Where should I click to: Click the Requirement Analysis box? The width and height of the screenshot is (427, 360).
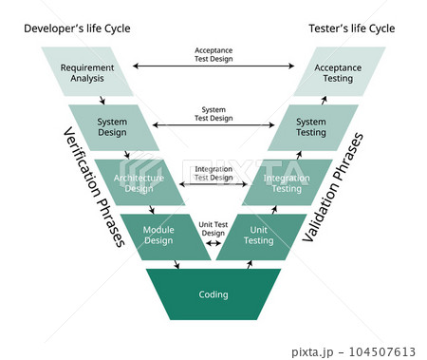pyautogui.click(x=87, y=72)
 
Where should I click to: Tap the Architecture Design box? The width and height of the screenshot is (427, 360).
pyautogui.click(x=139, y=182)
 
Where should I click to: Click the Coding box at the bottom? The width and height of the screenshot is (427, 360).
pyautogui.click(x=213, y=294)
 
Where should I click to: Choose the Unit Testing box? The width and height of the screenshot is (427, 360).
pyautogui.click(x=259, y=237)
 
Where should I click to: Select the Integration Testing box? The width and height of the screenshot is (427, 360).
pyautogui.click(x=286, y=182)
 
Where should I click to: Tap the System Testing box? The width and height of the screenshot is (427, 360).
pyautogui.click(x=311, y=127)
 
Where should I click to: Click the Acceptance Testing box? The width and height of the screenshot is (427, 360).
pyautogui.click(x=338, y=72)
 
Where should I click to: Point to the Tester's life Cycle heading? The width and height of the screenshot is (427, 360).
pyautogui.click(x=352, y=29)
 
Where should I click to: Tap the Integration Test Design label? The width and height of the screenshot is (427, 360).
pyautogui.click(x=213, y=173)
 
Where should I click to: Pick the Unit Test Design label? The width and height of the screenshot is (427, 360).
pyautogui.click(x=213, y=229)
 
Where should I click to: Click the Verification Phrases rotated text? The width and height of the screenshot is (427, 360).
pyautogui.click(x=94, y=186)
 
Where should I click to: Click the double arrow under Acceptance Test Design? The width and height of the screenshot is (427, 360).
pyautogui.click(x=213, y=66)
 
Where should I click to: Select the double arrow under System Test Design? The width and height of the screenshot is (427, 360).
pyautogui.click(x=213, y=124)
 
